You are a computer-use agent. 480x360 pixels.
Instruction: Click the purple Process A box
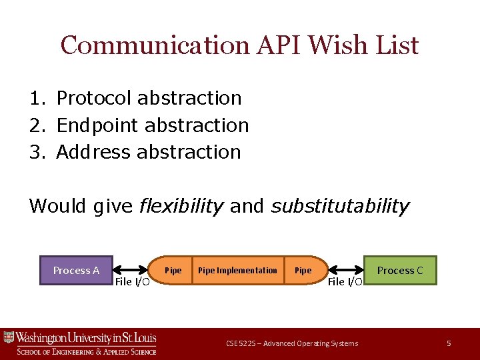76,270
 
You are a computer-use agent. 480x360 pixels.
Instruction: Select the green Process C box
400,270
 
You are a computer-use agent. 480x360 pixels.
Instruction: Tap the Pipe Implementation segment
237,270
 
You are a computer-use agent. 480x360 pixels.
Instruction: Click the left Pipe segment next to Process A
173,270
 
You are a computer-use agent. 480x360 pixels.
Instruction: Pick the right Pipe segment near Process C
303,270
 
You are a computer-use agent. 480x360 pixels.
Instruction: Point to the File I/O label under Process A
132,282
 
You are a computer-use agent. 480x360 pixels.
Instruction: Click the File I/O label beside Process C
345,282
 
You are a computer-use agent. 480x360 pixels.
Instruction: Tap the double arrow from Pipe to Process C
347,270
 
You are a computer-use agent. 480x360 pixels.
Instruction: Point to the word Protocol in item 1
94,98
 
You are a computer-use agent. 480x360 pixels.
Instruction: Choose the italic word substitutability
339,206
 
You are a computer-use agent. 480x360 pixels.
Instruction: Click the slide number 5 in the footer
449,343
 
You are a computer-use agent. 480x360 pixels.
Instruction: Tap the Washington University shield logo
9,337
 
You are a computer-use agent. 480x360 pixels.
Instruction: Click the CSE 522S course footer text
291,343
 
